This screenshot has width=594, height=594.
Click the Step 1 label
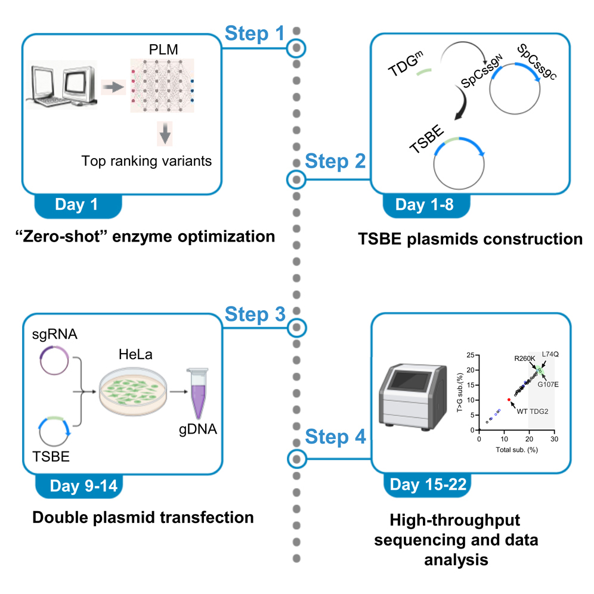(x=255, y=34)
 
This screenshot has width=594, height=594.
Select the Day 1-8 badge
(x=424, y=205)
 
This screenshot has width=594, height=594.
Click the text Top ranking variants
(x=147, y=160)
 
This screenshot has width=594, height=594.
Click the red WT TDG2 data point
(x=508, y=400)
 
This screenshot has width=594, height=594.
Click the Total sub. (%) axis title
(x=516, y=450)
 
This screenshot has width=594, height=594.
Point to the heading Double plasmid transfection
(x=143, y=517)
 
